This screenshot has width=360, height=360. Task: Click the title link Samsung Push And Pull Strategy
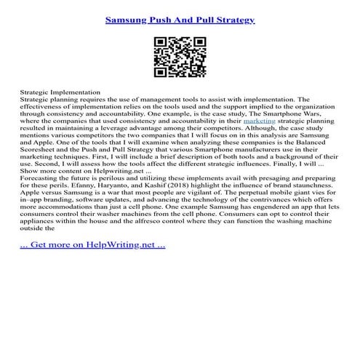pyautogui.click(x=180, y=20)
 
